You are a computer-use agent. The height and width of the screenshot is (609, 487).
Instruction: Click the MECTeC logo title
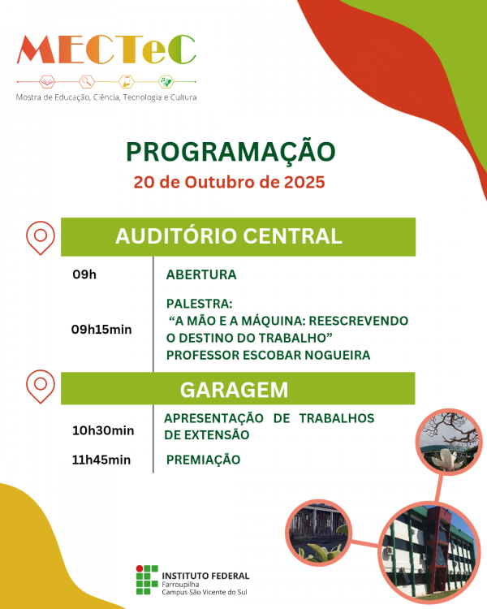coord(106,51)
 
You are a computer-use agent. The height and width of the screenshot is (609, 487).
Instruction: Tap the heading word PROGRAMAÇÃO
coord(231,152)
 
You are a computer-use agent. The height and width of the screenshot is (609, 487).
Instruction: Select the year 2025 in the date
coord(304,181)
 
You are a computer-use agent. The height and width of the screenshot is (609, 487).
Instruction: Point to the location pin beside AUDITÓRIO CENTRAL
coord(40,236)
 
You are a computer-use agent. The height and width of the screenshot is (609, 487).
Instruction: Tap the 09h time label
coord(84,274)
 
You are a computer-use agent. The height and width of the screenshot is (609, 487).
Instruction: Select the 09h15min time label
coord(101,329)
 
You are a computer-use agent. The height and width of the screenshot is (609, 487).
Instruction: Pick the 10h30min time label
coord(103,430)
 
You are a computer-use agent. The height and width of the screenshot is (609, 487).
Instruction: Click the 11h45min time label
coord(101,460)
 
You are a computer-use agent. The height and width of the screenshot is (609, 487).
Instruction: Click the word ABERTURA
coord(201,274)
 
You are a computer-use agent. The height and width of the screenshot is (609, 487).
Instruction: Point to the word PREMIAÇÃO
coord(203,460)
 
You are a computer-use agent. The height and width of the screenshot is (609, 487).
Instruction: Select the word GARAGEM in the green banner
coord(234,390)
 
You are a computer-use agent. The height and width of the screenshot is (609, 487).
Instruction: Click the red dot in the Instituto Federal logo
coord(139,569)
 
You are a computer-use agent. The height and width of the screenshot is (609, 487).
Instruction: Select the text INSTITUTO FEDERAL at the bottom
coord(206,575)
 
